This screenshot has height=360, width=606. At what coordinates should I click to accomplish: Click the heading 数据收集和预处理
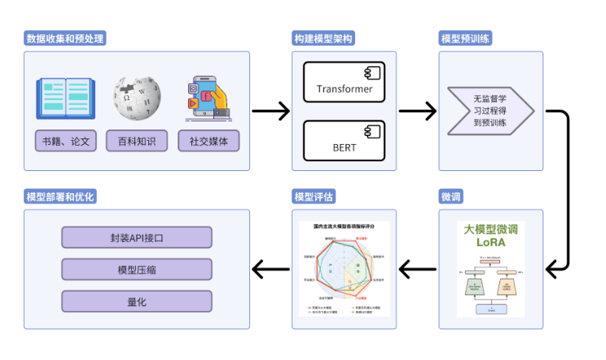click(66, 38)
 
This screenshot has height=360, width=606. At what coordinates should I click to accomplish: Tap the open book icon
click(66, 99)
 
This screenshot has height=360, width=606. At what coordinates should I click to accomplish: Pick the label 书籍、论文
click(66, 141)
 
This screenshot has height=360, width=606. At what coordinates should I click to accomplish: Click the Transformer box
click(345, 82)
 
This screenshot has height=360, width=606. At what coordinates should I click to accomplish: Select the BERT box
click(345, 141)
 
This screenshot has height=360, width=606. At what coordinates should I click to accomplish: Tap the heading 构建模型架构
click(323, 38)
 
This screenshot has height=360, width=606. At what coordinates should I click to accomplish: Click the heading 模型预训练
click(465, 38)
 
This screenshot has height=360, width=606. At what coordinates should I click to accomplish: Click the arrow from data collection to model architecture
click(270, 111)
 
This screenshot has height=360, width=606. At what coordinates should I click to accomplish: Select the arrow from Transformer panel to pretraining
click(418, 111)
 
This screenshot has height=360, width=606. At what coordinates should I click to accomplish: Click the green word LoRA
click(490, 243)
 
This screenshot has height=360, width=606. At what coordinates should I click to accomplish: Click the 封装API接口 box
click(137, 238)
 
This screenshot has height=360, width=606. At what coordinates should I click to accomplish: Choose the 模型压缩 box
click(137, 270)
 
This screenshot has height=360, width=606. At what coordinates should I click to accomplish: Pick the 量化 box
click(137, 301)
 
